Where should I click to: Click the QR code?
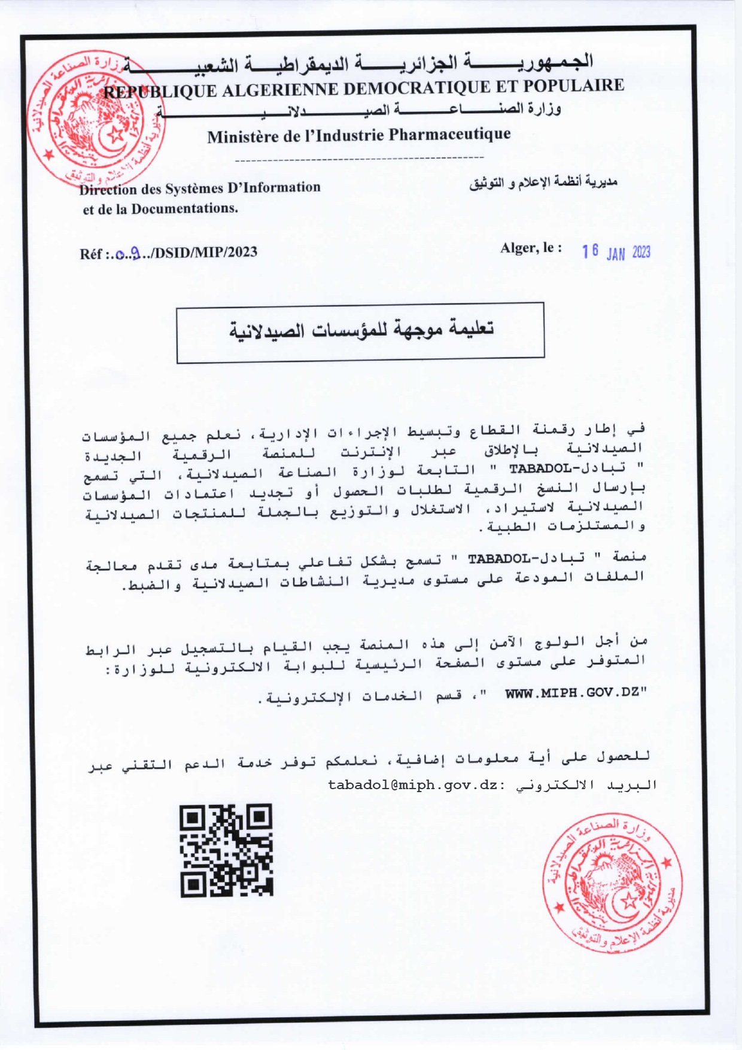[x=226, y=850]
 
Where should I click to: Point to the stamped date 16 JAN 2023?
[x=616, y=252]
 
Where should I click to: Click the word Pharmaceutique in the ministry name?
[x=449, y=135]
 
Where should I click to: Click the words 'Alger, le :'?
[x=531, y=248]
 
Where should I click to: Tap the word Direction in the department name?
[x=108, y=190]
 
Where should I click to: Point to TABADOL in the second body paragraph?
[x=496, y=559]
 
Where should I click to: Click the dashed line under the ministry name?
[x=360, y=159]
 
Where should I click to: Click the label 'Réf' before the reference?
[x=92, y=254]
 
